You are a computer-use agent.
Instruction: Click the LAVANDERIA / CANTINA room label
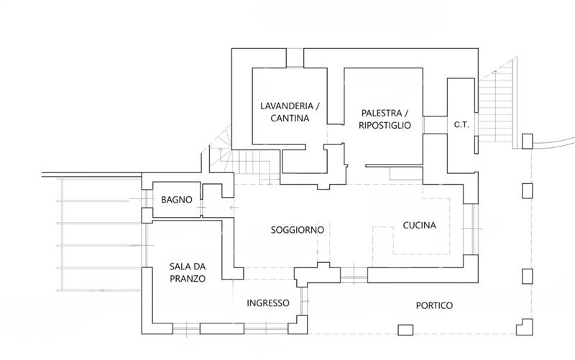290,112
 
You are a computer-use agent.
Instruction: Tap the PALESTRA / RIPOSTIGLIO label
385,119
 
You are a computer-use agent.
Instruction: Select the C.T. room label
461,124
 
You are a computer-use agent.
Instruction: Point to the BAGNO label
177,200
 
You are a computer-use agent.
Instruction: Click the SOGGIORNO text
298,230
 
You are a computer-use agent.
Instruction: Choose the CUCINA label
420,225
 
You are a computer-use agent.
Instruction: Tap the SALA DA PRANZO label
188,272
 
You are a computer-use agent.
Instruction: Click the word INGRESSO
268,303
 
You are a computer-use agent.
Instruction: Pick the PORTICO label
434,305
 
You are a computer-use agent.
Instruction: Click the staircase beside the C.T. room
496,106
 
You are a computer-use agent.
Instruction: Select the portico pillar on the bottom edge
405,330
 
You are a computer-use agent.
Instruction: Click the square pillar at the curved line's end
528,141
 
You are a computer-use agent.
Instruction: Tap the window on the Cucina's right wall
471,229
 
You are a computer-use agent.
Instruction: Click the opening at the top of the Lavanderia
295,58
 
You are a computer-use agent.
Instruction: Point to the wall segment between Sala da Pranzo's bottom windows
222,328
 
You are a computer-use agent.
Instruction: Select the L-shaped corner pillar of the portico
525,327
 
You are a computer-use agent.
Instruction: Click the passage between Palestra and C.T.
436,125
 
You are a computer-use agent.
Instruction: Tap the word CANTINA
290,118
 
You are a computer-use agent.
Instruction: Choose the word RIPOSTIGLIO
385,125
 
